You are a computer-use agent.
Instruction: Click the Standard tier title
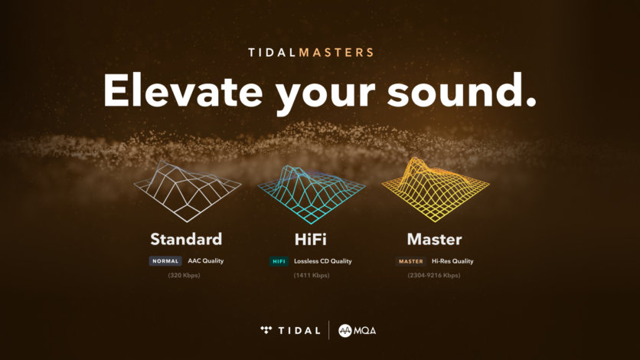coord(186,238)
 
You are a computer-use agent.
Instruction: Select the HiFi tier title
coord(311,238)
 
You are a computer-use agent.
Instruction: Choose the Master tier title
coord(434,238)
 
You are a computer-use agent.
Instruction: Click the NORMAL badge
coord(165,261)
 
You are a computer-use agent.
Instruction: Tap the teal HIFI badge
coord(279,261)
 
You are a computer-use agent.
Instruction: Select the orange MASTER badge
coord(411,261)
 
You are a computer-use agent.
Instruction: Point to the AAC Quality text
coord(206,261)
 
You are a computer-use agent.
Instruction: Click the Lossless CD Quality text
coord(323,261)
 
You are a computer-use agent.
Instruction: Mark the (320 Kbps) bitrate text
coord(184,275)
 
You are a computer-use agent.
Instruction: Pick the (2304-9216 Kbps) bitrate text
coord(434,275)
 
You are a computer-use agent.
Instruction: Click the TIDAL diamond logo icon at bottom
coord(266,330)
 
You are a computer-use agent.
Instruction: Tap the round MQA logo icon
coord(344,330)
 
